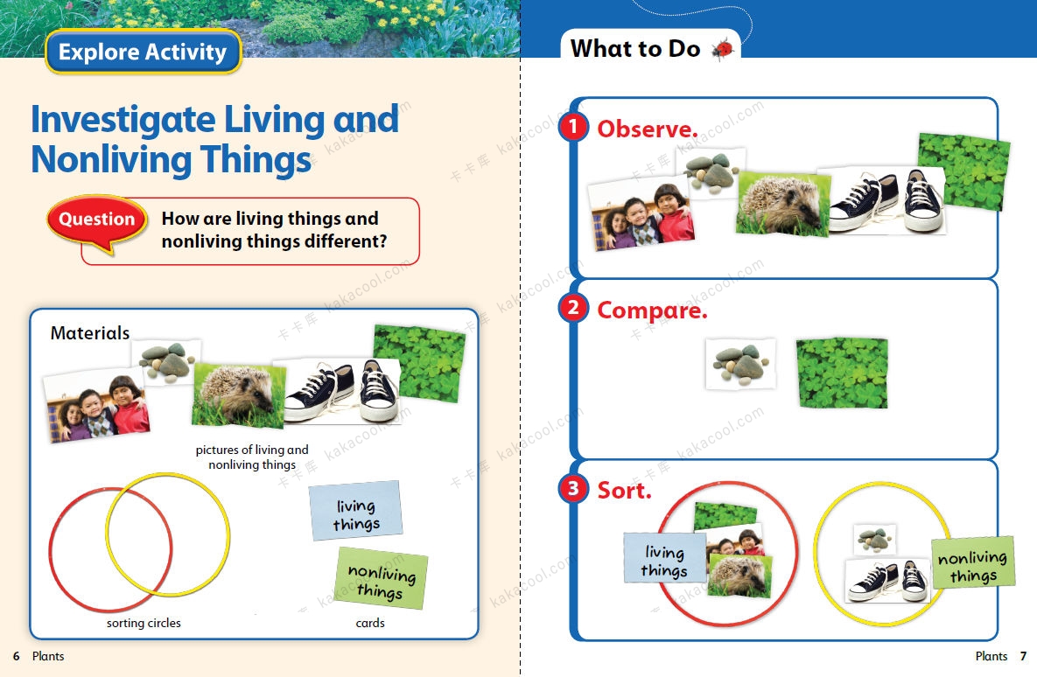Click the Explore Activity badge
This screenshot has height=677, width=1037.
coord(144,52)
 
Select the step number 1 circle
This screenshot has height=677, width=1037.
coord(572,126)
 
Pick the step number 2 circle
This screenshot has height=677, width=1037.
coord(572,307)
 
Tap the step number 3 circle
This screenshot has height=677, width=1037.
coord(572,489)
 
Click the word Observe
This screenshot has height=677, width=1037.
coord(648,129)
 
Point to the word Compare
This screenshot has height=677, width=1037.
coord(652,311)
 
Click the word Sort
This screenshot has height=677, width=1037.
coord(624,491)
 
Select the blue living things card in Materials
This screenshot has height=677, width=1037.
coord(356,511)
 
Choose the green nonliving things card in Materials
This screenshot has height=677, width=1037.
coord(382,578)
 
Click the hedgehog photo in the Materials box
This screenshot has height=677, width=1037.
coord(239,394)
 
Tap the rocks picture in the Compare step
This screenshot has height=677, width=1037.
coord(740,364)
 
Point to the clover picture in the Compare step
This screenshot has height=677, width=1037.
coord(842,373)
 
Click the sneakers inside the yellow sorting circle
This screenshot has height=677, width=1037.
coord(888,580)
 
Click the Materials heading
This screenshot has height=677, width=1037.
coord(90,333)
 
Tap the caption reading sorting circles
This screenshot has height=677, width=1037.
coord(144,623)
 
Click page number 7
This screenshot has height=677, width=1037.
coord(1023,656)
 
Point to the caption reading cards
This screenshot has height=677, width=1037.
coord(370,623)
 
